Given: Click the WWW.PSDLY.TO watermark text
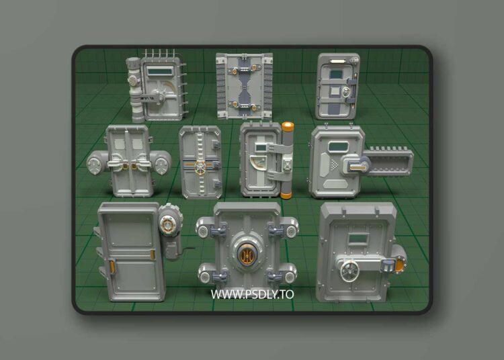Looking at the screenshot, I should click(x=252, y=294).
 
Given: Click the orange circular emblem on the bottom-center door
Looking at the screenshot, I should click(x=245, y=254).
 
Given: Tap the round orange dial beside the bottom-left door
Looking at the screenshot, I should click(x=168, y=219).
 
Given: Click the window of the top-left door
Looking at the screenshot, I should click(x=160, y=69).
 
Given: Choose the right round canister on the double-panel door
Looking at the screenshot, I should click(x=161, y=162).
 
